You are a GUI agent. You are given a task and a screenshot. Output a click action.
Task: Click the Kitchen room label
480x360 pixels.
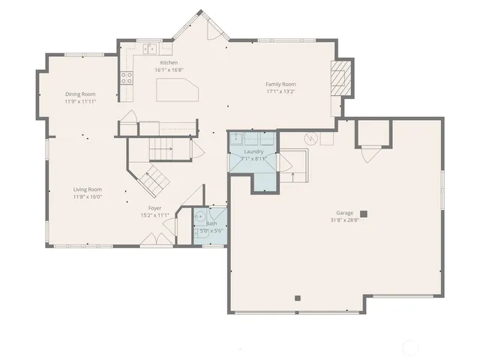(169, 63)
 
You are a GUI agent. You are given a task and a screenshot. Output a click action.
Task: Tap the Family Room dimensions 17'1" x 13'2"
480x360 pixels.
(280, 91)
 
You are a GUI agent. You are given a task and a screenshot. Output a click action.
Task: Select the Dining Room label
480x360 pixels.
(79, 94)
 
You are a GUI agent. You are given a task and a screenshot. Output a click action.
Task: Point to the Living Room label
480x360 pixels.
(87, 189)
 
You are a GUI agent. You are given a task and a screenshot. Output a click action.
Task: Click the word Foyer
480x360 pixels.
(154, 208)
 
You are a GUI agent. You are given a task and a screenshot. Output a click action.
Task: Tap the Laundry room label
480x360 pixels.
(253, 151)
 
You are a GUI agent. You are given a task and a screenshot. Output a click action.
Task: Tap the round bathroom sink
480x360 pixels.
(200, 217)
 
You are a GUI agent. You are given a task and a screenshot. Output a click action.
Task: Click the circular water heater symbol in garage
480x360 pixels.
(309, 139)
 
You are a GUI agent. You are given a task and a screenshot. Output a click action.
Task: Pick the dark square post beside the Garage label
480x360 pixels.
(363, 213)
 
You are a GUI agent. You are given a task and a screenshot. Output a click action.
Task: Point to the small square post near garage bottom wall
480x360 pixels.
(298, 298)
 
